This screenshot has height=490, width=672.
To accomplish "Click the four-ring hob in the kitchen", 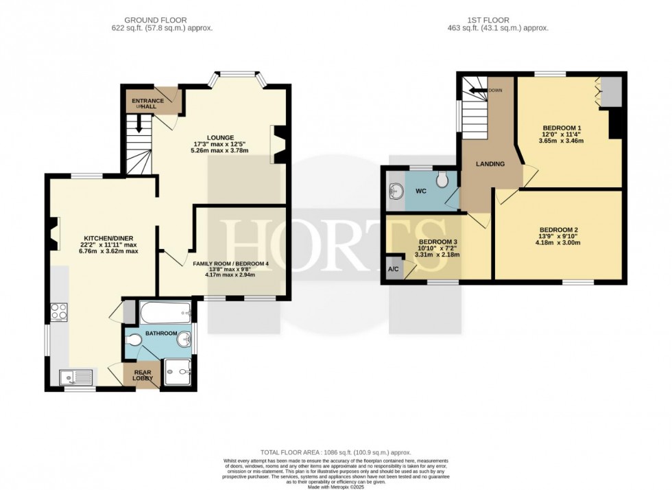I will pyautogui.click(x=58, y=312).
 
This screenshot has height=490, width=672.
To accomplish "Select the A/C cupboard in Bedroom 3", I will pyautogui.click(x=394, y=268).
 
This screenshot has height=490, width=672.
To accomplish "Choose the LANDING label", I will pyautogui.click(x=490, y=164).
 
